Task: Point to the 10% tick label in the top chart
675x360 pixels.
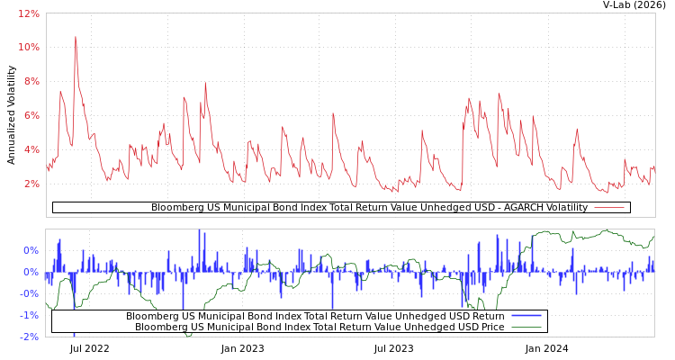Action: [x=29, y=47]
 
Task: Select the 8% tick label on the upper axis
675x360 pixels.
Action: [x=31, y=81]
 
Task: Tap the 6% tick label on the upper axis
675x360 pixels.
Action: [x=31, y=115]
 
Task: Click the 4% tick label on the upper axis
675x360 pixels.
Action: [x=31, y=149]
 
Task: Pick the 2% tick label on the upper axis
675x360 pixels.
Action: [x=31, y=184]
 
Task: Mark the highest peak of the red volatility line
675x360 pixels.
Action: [x=76, y=37]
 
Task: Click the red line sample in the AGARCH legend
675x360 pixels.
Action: [x=609, y=208]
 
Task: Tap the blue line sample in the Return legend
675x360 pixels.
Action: [x=526, y=316]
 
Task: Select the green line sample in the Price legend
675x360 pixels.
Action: [x=526, y=327]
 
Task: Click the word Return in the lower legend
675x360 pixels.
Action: [x=488, y=316]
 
